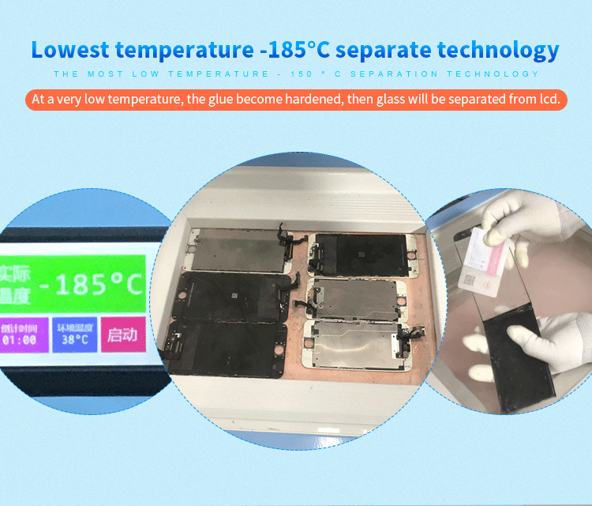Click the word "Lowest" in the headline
pos(69,50)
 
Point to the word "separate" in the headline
pos(379,50)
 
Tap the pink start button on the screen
pos(122,334)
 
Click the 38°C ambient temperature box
pos(74,334)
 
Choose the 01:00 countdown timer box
pos(21,334)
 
